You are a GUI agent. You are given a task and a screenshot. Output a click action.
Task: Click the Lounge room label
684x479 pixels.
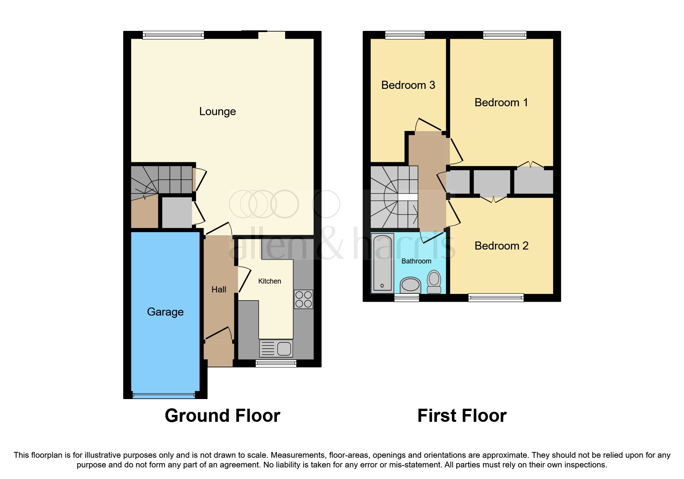click(x=217, y=112)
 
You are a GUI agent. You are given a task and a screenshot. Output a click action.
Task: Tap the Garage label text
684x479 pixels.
click(x=165, y=312)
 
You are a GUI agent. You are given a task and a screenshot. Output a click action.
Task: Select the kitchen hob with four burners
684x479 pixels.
click(x=303, y=299)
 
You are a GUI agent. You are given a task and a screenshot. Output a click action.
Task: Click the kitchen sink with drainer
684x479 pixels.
click(x=276, y=348)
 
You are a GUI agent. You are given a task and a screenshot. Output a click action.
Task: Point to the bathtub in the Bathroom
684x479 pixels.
click(x=382, y=263)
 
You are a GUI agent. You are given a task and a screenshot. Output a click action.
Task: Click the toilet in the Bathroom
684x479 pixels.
click(x=434, y=282)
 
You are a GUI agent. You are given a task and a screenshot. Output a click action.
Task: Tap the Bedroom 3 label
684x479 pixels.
click(x=408, y=85)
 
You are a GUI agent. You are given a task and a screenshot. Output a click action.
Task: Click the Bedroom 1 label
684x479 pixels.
click(x=501, y=102)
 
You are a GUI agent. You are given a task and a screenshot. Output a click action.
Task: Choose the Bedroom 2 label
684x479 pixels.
click(x=501, y=246)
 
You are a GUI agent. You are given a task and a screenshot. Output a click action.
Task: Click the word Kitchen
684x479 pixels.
click(x=270, y=281)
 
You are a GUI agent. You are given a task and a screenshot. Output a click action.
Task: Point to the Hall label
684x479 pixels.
click(x=219, y=289)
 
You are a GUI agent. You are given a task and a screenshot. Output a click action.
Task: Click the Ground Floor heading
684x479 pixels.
click(x=222, y=416)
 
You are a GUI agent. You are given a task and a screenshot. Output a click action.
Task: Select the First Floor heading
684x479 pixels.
click(x=462, y=416)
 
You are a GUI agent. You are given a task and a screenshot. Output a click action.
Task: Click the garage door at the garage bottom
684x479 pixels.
click(x=164, y=395)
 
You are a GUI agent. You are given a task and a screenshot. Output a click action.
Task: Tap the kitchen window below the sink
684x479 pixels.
click(x=276, y=363)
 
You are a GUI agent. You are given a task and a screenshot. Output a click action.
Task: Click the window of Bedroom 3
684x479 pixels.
click(x=405, y=35)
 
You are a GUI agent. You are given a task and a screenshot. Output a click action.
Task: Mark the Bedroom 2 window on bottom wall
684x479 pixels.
click(x=496, y=297)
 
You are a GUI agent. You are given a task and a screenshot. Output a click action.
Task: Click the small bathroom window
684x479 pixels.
click(x=406, y=297)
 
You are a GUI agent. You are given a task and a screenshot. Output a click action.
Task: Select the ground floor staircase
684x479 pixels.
click(x=161, y=180)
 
